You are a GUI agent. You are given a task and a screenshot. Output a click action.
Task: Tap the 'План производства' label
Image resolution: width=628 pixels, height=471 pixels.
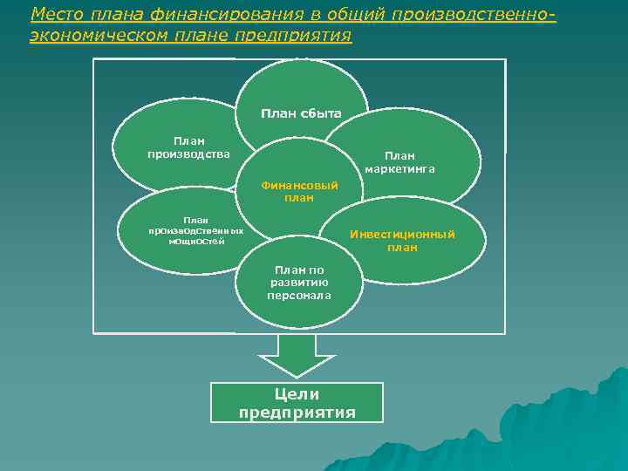coord(189,147)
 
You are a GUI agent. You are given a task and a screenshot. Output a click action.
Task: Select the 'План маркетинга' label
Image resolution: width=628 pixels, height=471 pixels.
coord(399,161)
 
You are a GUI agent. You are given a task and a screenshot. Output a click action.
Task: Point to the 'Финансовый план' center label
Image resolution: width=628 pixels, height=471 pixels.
coord(299,191)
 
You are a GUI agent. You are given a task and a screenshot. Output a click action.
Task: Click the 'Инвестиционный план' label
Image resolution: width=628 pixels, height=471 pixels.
coord(402,241)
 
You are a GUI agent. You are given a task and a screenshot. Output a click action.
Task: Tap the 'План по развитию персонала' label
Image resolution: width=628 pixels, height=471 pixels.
coord(299,283)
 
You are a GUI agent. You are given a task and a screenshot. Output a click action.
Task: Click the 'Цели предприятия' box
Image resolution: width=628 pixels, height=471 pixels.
coord(297,403)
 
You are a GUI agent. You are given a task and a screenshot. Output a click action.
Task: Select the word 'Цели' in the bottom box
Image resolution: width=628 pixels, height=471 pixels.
coord(297,394)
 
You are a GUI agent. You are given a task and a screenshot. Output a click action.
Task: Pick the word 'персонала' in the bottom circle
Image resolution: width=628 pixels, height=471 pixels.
coord(299,296)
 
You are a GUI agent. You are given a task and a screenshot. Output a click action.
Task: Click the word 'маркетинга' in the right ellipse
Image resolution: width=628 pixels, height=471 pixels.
coord(399,168)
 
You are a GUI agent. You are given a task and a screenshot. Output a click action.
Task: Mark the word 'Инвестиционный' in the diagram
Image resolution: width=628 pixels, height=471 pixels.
coord(402,234)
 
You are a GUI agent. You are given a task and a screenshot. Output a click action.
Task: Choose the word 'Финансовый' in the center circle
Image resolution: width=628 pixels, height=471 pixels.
coord(299,185)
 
